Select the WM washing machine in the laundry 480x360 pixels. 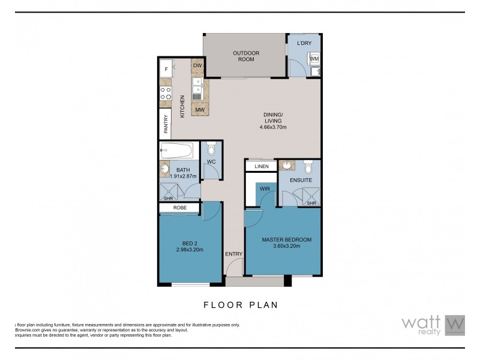(x=313, y=59)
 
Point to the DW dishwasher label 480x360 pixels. (x=197, y=65)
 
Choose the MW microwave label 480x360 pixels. (x=199, y=110)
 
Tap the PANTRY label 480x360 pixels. (x=166, y=124)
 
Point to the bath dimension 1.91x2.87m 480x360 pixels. (x=184, y=176)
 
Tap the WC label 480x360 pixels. (x=211, y=162)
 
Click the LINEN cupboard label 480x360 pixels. (x=261, y=166)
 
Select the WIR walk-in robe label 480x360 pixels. (x=265, y=189)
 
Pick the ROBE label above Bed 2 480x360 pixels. (x=180, y=208)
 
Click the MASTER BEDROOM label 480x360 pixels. (x=286, y=240)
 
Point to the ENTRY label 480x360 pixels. (x=233, y=254)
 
